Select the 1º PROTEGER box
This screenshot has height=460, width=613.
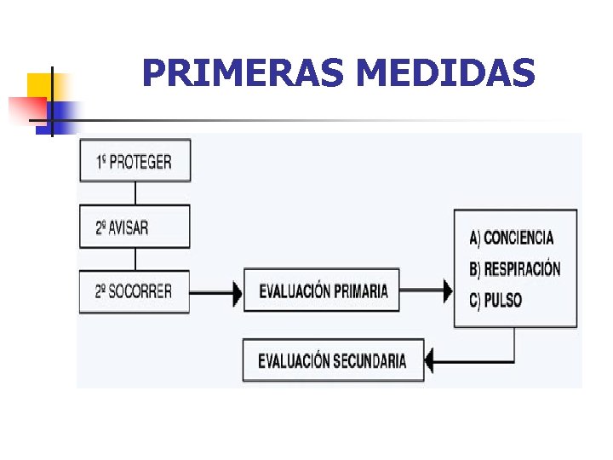click(135, 161)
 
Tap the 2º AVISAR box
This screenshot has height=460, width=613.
click(135, 227)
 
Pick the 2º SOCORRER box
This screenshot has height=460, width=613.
click(135, 291)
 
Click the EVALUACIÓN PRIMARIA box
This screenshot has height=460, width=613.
click(322, 291)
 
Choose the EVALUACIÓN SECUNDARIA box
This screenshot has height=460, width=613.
click(332, 360)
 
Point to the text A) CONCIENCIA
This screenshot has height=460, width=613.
click(511, 238)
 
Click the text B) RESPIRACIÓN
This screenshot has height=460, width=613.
click(515, 269)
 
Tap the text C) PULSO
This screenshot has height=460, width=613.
click(496, 300)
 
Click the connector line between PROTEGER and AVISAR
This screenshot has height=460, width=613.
click(135, 193)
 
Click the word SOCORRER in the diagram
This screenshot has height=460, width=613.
click(143, 291)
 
